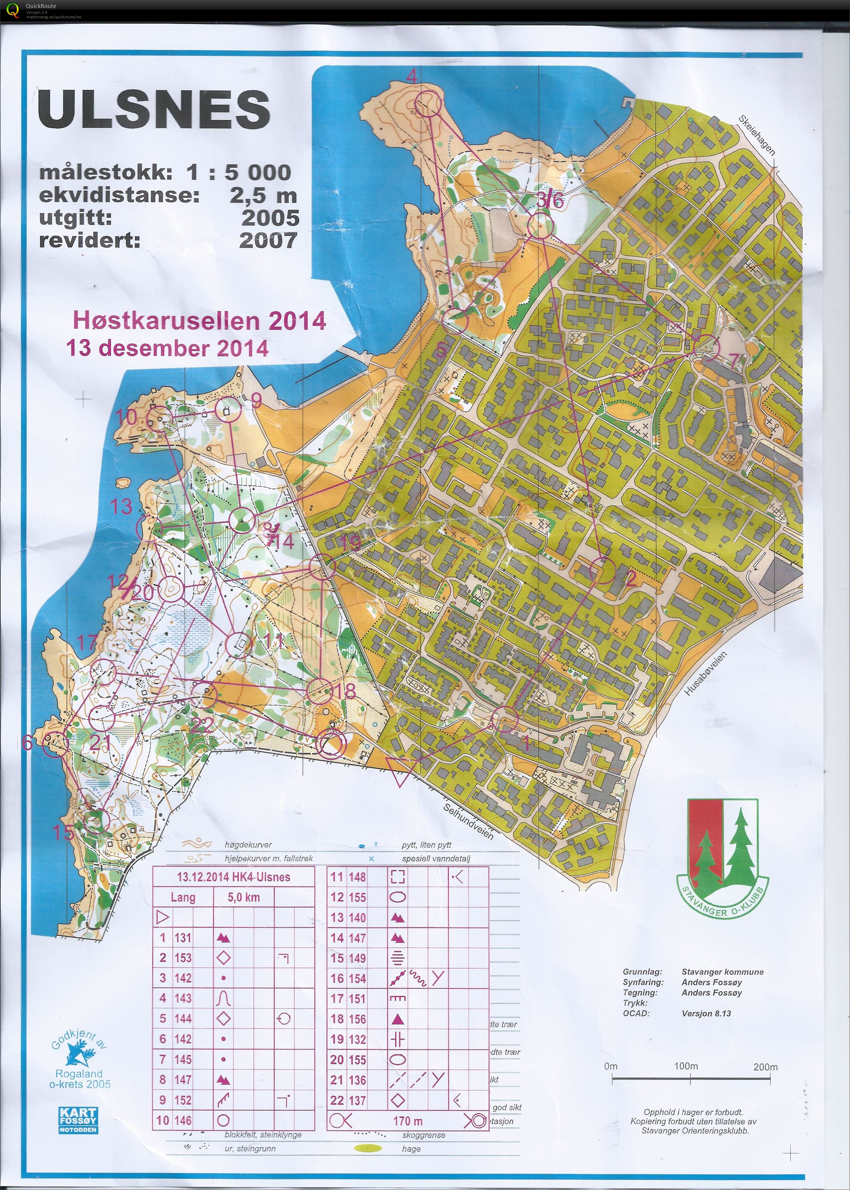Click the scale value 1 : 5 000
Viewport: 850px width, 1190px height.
coord(238,172)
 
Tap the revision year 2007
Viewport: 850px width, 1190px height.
coord(268,240)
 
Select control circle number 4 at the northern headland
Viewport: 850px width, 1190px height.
coord(428,103)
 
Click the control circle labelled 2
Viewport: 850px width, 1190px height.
coord(602,570)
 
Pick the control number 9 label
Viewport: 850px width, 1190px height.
coord(256,401)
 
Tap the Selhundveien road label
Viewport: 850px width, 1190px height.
coord(468,821)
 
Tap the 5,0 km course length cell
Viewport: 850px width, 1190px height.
coord(243,898)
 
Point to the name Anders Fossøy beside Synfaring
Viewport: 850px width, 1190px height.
coord(711,982)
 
